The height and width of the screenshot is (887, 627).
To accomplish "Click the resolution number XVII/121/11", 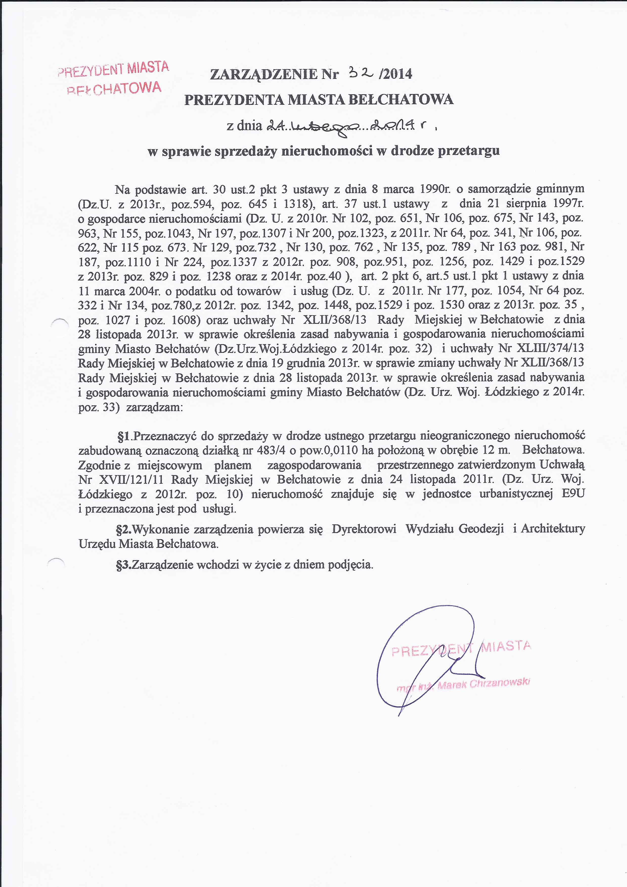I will [131, 480].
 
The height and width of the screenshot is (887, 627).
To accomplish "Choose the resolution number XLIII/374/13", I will [553, 348].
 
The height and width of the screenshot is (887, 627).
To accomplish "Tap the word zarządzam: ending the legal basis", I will [154, 408].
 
